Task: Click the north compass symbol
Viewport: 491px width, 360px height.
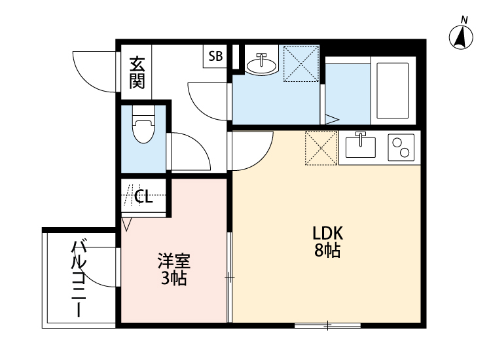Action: pyautogui.click(x=461, y=37)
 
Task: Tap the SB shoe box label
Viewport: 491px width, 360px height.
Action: pyautogui.click(x=215, y=56)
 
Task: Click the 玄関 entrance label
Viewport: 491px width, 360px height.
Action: pyautogui.click(x=136, y=73)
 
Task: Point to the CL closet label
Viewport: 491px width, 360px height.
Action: pyautogui.click(x=143, y=196)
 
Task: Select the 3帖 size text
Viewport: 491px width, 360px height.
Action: pyautogui.click(x=173, y=279)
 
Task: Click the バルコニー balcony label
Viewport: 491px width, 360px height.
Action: pyautogui.click(x=79, y=279)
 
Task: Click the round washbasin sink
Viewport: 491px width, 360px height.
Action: pyautogui.click(x=262, y=63)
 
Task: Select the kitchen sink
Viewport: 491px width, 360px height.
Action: pyautogui.click(x=359, y=146)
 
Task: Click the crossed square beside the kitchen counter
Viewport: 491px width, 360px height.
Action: pyautogui.click(x=321, y=149)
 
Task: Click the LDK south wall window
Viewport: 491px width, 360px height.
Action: pyautogui.click(x=327, y=325)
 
